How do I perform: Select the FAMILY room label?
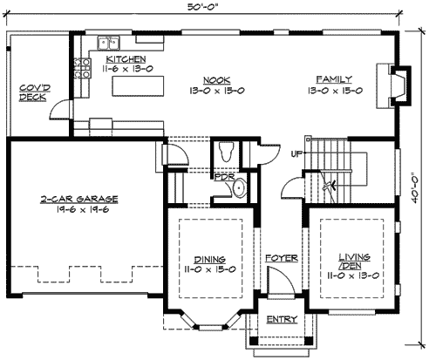333,78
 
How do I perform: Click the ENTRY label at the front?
282,319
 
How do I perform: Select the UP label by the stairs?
296,154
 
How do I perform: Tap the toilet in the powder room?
226,152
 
